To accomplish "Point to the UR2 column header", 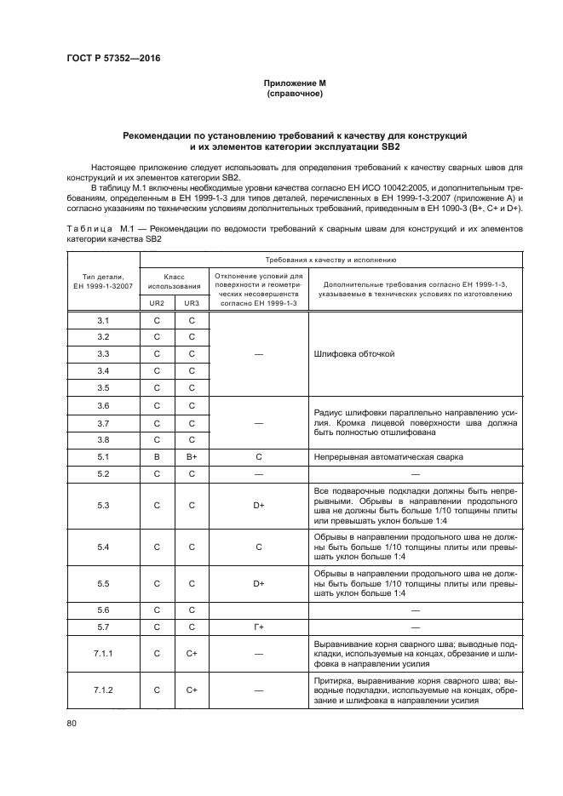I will [157, 302].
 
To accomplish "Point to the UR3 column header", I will [192, 302].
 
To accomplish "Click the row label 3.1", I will [103, 319].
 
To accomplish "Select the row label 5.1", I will [103, 456].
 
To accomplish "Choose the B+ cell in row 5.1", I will [192, 456].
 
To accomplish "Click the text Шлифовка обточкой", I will [354, 353].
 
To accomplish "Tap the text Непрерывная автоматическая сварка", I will [388, 456].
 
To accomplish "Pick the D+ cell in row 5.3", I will [258, 505].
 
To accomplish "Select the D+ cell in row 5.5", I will [258, 584].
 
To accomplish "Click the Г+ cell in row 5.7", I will [258, 627].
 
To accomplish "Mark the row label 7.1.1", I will [103, 654].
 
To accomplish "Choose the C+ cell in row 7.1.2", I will [192, 690].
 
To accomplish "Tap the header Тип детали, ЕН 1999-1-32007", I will [103, 281].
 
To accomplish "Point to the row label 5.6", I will [103, 610].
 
